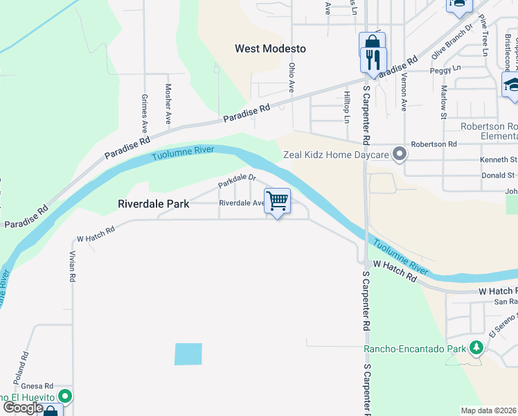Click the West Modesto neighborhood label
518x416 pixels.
click(270, 49)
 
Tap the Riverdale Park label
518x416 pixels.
click(154, 205)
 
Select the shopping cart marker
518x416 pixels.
click(277, 202)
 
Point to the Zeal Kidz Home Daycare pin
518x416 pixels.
click(399, 154)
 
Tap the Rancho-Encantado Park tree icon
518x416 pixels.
click(476, 347)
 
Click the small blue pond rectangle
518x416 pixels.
click(188, 354)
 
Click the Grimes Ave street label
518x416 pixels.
click(145, 114)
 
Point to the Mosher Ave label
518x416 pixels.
click(168, 103)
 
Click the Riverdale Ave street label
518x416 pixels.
click(241, 203)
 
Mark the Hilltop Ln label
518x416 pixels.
click(346, 106)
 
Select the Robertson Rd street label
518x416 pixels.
click(434, 144)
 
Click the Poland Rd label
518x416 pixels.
click(25, 364)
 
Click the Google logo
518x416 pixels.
click(22, 408)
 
